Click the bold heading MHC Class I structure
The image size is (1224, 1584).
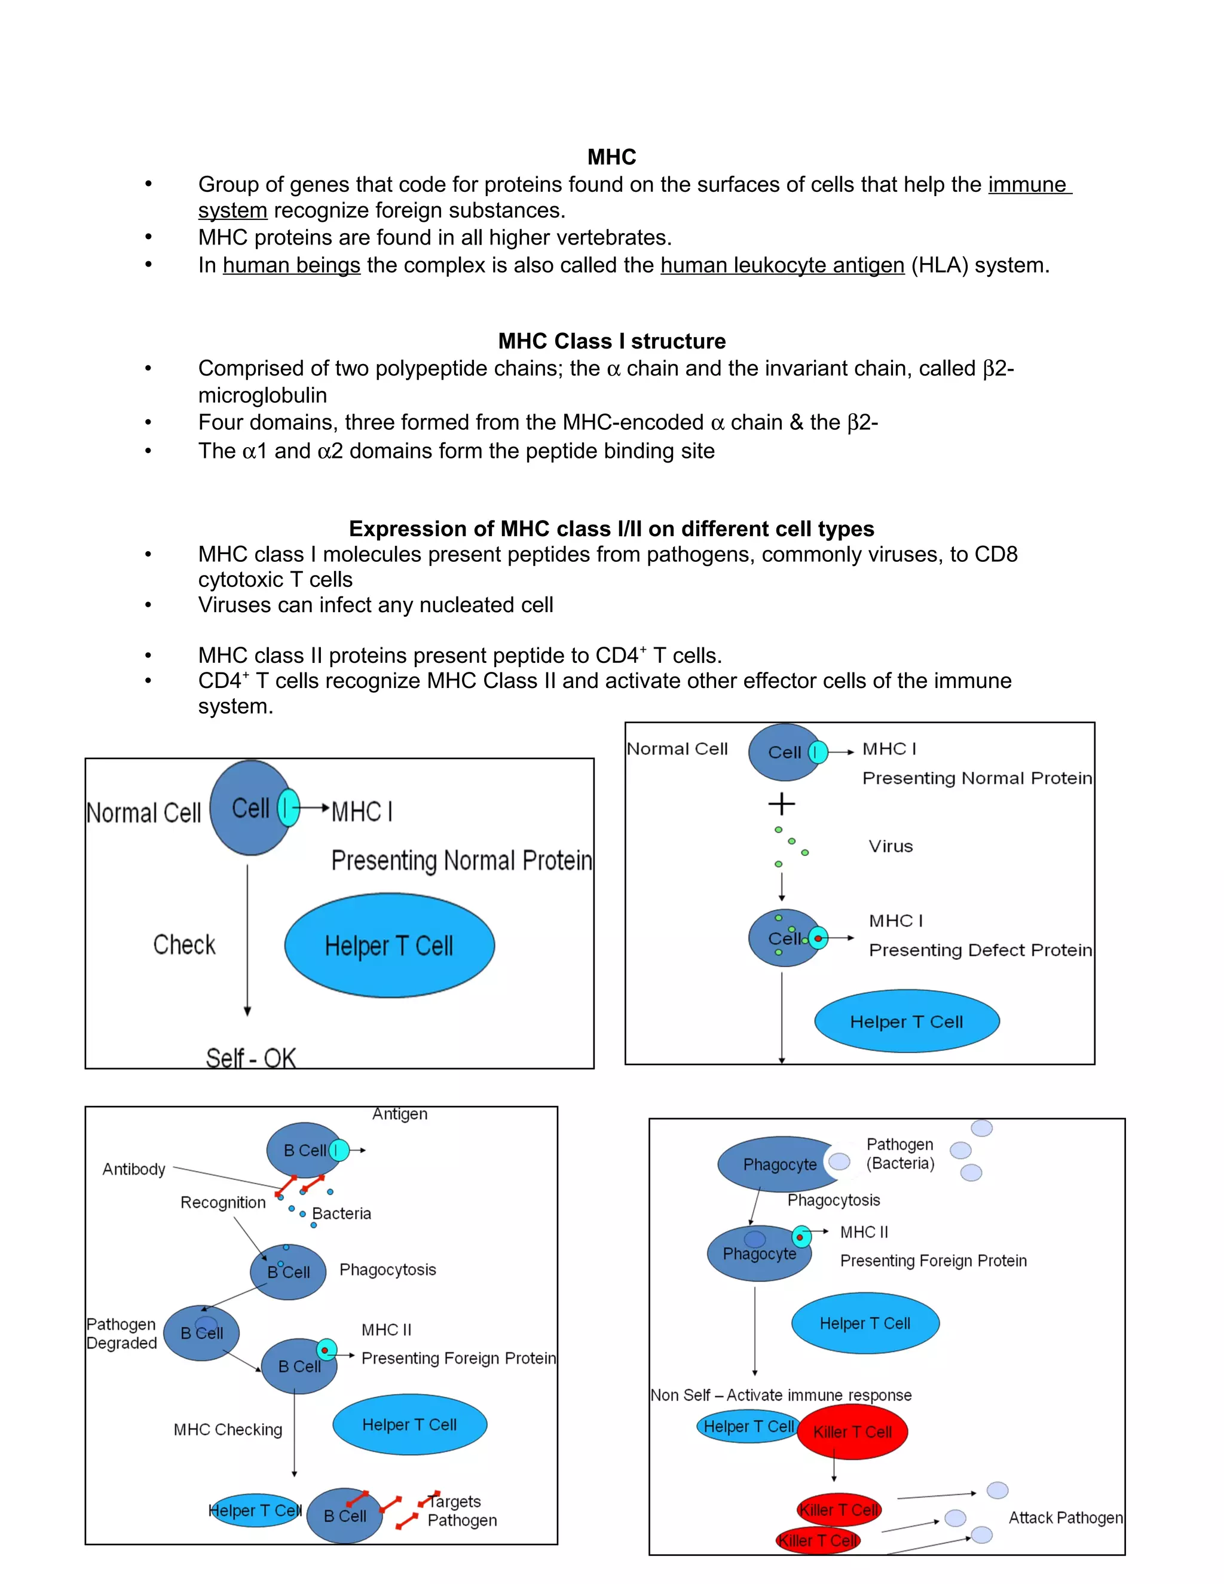coord(611,341)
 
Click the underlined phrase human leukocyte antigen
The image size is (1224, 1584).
coord(782,265)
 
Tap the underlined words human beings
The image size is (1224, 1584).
coord(291,265)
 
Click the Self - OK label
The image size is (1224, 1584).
coord(251,1058)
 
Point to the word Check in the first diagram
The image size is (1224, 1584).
coord(184,945)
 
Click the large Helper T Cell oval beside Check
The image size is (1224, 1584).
coord(390,946)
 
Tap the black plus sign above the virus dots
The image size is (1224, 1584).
coord(781,803)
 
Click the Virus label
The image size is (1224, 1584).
coord(891,846)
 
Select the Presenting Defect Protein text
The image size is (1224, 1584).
coord(980,950)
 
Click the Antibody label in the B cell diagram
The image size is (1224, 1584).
coord(133,1169)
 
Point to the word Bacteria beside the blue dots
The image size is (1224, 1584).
coord(341,1213)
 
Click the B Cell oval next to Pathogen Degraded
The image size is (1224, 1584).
coord(201,1333)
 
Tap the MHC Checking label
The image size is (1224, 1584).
coord(228,1430)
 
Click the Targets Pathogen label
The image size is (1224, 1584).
coord(461,1510)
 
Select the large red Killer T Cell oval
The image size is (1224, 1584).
coord(852,1432)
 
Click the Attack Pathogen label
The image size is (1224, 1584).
coord(1064,1518)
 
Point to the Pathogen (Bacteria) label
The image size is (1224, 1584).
coord(900,1154)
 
